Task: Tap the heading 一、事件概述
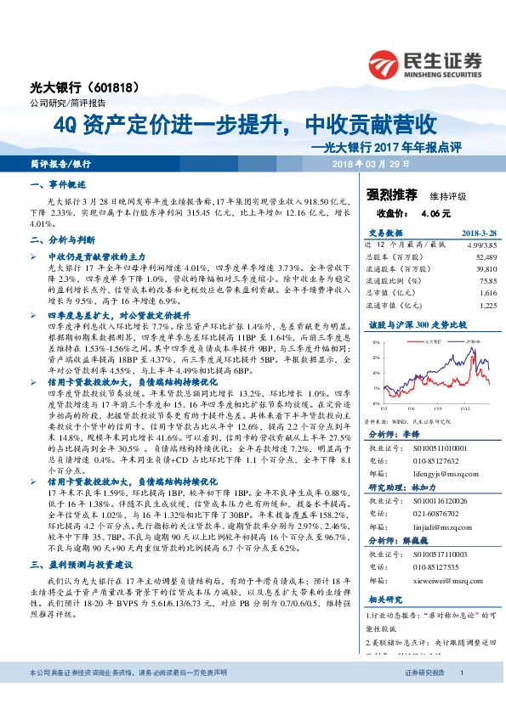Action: (x=59, y=184)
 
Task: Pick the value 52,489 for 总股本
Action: (x=481, y=256)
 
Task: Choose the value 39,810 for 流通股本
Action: (x=481, y=267)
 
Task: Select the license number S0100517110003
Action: (x=439, y=553)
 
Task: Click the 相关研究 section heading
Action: (x=384, y=598)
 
